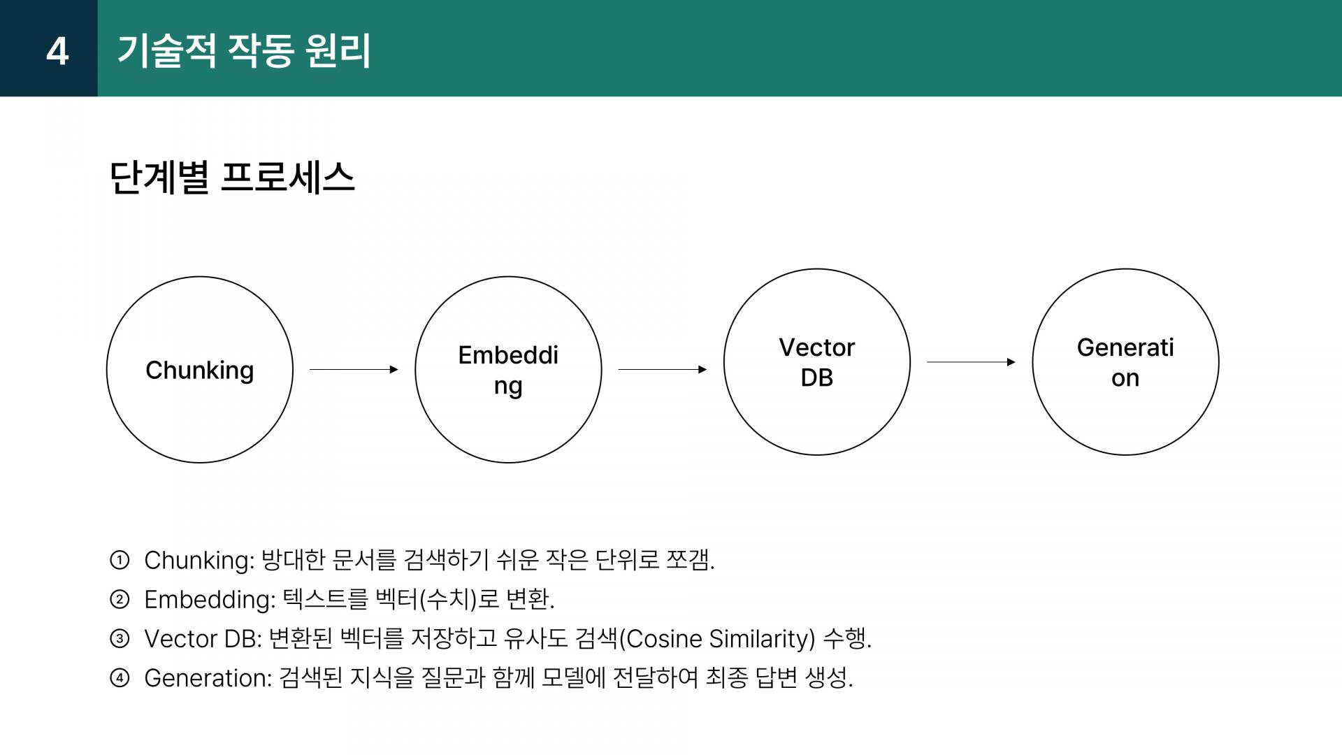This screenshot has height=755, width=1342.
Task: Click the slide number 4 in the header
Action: pyautogui.click(x=57, y=51)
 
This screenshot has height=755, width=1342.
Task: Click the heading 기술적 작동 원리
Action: pyautogui.click(x=244, y=51)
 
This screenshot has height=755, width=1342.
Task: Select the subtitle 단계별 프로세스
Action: pyautogui.click(x=232, y=178)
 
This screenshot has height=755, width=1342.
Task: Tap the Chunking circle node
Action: pyautogui.click(x=200, y=370)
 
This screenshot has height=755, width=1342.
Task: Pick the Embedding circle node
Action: pyautogui.click(x=508, y=370)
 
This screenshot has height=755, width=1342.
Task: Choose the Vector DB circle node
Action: pyautogui.click(x=816, y=362)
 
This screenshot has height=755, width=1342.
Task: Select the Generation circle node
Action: pyautogui.click(x=1125, y=362)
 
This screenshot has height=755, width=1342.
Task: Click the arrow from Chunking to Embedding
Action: pyautogui.click(x=354, y=369)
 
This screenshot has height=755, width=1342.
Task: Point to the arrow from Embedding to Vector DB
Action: pyautogui.click(x=662, y=369)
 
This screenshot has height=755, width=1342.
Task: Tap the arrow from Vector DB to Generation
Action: pyautogui.click(x=971, y=362)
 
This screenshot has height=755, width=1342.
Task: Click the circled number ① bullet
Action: pyautogui.click(x=120, y=560)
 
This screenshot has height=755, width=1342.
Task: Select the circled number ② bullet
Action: pyautogui.click(x=120, y=599)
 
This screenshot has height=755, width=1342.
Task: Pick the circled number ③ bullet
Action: pyautogui.click(x=120, y=638)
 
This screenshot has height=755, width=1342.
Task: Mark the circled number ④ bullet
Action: pyautogui.click(x=120, y=677)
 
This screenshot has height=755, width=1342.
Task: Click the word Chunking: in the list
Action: pyautogui.click(x=199, y=561)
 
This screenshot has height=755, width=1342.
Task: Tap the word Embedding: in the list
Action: pyautogui.click(x=210, y=600)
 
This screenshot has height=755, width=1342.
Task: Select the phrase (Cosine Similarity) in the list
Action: pyautogui.click(x=717, y=639)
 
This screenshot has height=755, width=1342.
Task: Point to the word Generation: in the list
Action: pyautogui.click(x=208, y=678)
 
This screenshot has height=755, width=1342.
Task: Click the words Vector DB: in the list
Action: pyautogui.click(x=203, y=639)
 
